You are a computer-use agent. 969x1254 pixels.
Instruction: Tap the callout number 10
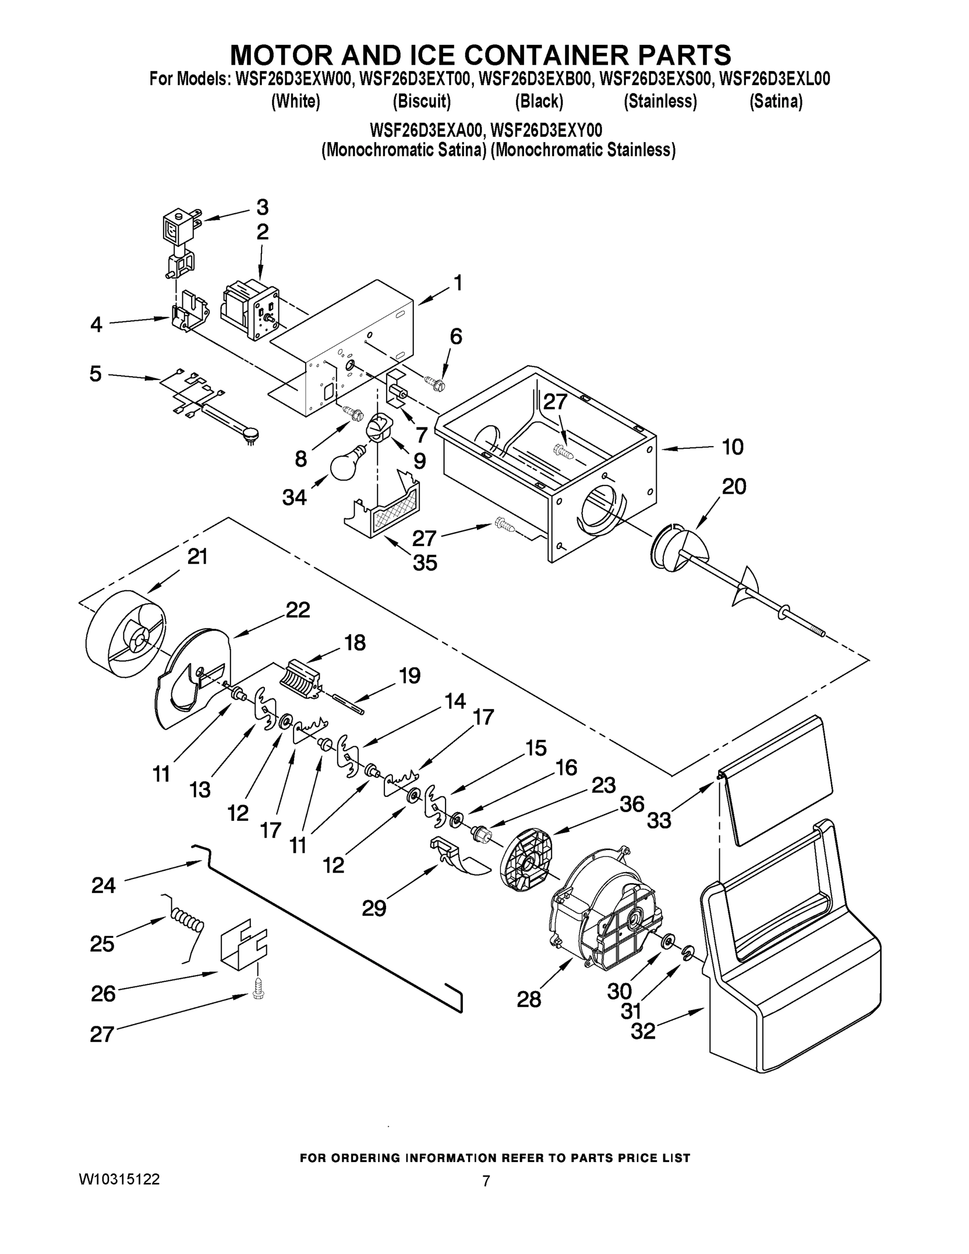point(732,447)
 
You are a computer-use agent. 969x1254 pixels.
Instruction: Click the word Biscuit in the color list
point(422,102)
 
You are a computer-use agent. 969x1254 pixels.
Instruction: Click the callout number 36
point(632,804)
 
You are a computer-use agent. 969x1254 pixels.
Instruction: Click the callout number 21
point(197,556)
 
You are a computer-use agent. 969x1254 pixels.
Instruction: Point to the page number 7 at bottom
point(486,1181)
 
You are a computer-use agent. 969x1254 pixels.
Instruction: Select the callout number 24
point(103,886)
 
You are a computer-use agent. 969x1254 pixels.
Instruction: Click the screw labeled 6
point(434,382)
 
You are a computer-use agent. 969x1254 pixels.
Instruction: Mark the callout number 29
point(373,908)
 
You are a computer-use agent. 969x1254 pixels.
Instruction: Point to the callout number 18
point(355,643)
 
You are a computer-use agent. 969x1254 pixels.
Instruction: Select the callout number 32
point(643,1031)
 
